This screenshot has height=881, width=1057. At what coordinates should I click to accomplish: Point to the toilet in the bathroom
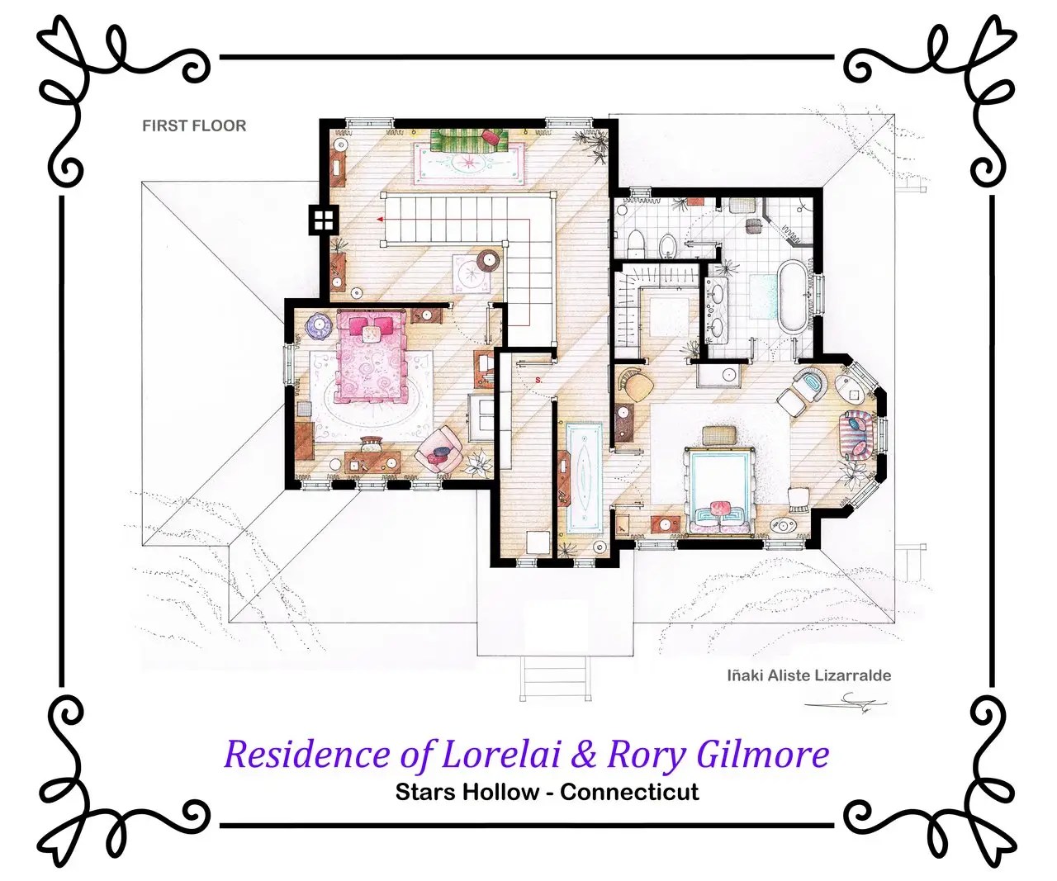click(x=635, y=244)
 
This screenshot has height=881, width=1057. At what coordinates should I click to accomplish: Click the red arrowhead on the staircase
click(x=380, y=219)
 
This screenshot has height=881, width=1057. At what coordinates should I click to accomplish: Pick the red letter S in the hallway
click(x=538, y=380)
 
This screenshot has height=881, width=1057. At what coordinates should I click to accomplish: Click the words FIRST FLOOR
click(x=194, y=126)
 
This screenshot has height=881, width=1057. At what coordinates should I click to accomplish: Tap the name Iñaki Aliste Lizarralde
click(x=809, y=675)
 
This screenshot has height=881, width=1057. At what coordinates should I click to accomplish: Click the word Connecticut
click(x=629, y=792)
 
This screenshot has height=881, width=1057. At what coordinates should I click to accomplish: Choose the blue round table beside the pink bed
click(x=320, y=323)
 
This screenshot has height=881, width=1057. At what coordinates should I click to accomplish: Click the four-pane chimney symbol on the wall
click(x=324, y=220)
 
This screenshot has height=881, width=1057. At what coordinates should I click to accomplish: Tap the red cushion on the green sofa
click(x=492, y=136)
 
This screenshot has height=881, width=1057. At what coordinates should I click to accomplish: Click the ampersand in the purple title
click(x=584, y=754)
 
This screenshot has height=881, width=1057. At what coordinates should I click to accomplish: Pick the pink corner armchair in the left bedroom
click(x=438, y=452)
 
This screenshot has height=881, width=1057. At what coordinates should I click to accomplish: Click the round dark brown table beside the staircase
click(x=489, y=260)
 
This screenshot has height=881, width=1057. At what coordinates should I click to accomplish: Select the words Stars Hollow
click(x=467, y=792)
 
